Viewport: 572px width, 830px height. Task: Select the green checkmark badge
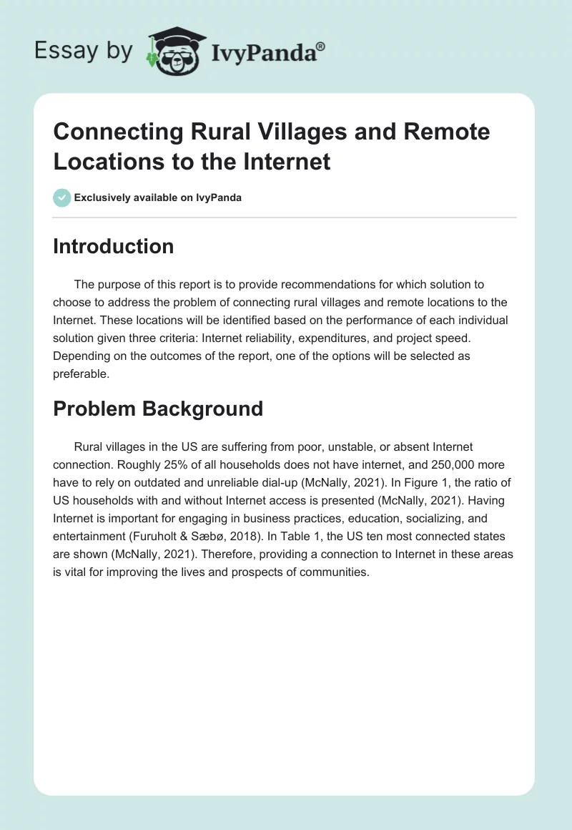click(61, 197)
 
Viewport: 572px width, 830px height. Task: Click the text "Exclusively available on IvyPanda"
click(157, 197)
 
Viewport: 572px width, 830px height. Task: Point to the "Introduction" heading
click(113, 246)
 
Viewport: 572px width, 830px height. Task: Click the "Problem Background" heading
click(158, 409)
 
